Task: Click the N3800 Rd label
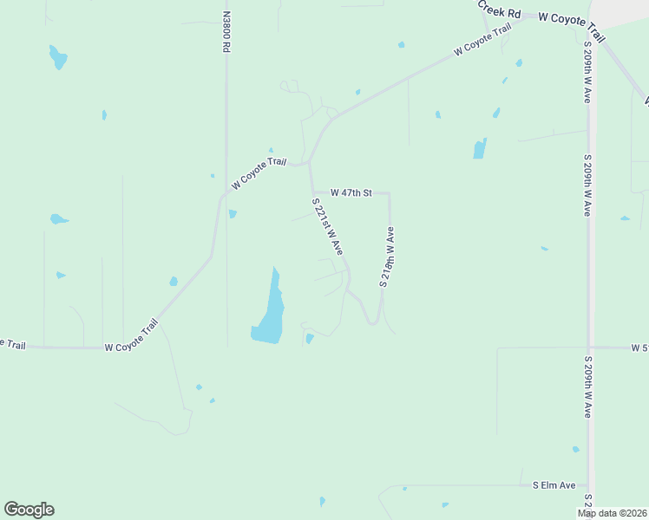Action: [x=226, y=32]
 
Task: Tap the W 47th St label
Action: [x=351, y=192]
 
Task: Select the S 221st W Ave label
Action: [x=328, y=226]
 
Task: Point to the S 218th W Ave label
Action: [x=387, y=257]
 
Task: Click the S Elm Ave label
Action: [x=554, y=485]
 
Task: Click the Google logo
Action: [x=29, y=510]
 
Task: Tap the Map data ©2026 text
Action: [x=612, y=513]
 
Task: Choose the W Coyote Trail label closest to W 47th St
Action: [x=259, y=172]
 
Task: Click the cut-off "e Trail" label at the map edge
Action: [x=12, y=344]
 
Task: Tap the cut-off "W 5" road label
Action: [x=639, y=348]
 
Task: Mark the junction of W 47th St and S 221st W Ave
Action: [x=312, y=192]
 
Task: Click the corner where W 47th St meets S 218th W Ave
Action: [x=389, y=193]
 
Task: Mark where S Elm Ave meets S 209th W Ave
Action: [x=588, y=486]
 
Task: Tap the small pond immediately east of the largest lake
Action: [x=310, y=338]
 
